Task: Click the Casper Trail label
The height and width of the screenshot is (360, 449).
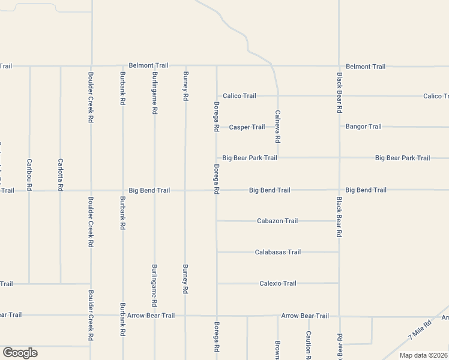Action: [247, 127]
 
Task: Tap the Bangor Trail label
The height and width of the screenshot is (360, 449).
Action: [363, 127]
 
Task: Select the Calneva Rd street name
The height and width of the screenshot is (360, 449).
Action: [277, 126]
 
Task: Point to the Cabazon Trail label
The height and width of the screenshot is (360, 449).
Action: [277, 221]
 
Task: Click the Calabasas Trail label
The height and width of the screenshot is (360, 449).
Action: [277, 252]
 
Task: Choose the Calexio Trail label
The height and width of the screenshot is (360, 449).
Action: [277, 283]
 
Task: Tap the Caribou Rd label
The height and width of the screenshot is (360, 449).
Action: [29, 175]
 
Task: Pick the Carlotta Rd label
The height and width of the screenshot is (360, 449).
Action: [60, 175]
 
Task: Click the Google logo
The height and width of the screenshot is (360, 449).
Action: [20, 353]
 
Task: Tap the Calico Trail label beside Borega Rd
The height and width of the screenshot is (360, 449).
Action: [240, 96]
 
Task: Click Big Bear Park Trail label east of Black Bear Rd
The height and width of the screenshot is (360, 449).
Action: [402, 158]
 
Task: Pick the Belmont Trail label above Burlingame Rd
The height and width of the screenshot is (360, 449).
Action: [149, 65]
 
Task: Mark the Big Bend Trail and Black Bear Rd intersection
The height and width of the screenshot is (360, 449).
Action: [339, 190]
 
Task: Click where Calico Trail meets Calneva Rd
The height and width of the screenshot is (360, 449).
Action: [277, 95]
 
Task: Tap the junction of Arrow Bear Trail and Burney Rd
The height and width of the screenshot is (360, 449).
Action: [185, 315]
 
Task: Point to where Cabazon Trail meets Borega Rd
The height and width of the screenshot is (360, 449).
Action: [217, 221]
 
